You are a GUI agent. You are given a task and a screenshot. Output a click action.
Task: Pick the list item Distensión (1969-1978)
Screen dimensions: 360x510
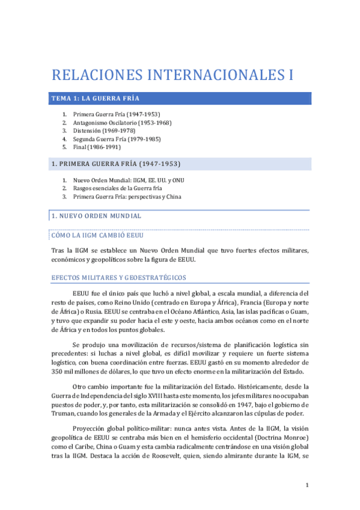tap(104, 130)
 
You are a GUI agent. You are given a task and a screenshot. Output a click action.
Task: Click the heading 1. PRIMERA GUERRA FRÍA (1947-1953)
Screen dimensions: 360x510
tap(116, 164)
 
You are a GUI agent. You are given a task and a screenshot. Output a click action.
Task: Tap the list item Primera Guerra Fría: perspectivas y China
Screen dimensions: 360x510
tap(127, 196)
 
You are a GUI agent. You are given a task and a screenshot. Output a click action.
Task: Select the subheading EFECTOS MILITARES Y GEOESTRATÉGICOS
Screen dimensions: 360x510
tap(119, 278)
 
